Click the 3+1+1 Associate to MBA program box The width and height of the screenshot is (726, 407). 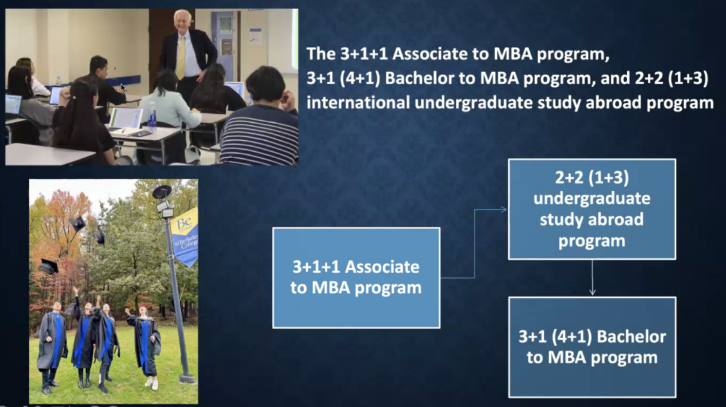356,278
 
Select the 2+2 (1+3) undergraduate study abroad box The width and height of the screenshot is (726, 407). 592,209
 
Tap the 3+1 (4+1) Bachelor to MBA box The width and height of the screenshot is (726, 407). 592,347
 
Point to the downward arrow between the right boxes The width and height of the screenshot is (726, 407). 592,277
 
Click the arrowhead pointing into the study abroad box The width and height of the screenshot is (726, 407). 504,210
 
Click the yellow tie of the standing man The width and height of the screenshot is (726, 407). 181,57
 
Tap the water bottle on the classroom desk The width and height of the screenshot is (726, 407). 152,117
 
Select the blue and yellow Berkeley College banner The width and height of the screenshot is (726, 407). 186,236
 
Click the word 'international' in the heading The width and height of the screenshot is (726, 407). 358,102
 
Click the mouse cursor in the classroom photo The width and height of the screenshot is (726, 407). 123,87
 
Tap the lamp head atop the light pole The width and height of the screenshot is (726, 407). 161,191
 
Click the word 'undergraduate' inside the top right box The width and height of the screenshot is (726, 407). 592,198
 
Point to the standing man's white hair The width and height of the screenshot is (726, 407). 182,17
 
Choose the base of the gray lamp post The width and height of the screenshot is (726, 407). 187,378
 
